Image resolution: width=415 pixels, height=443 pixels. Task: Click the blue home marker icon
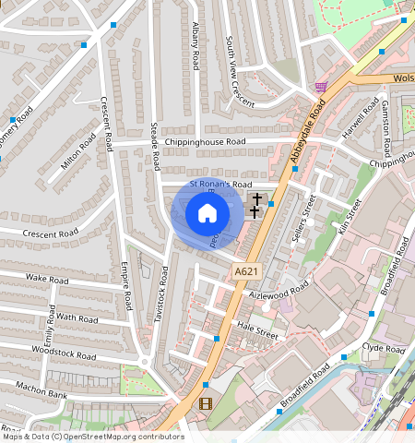[207, 214]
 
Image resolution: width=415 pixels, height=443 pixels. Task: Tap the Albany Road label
[196, 47]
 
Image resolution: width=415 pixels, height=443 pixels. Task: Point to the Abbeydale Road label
[307, 133]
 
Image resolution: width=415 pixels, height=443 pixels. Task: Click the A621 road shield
[245, 270]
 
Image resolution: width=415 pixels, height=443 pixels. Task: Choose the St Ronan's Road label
[220, 185]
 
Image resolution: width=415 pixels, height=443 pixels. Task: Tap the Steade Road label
[157, 149]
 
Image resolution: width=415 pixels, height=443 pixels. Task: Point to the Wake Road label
[48, 277]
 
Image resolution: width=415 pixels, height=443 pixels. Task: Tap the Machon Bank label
[42, 394]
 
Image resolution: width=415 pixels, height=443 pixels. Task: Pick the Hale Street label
[256, 329]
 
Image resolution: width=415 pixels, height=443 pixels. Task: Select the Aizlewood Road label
[280, 293]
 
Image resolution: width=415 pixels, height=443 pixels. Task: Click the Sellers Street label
[304, 218]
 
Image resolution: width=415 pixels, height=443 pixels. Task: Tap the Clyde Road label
[384, 350]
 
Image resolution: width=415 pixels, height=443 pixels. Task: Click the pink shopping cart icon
[320, 87]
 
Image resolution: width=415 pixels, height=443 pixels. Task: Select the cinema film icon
[205, 403]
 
